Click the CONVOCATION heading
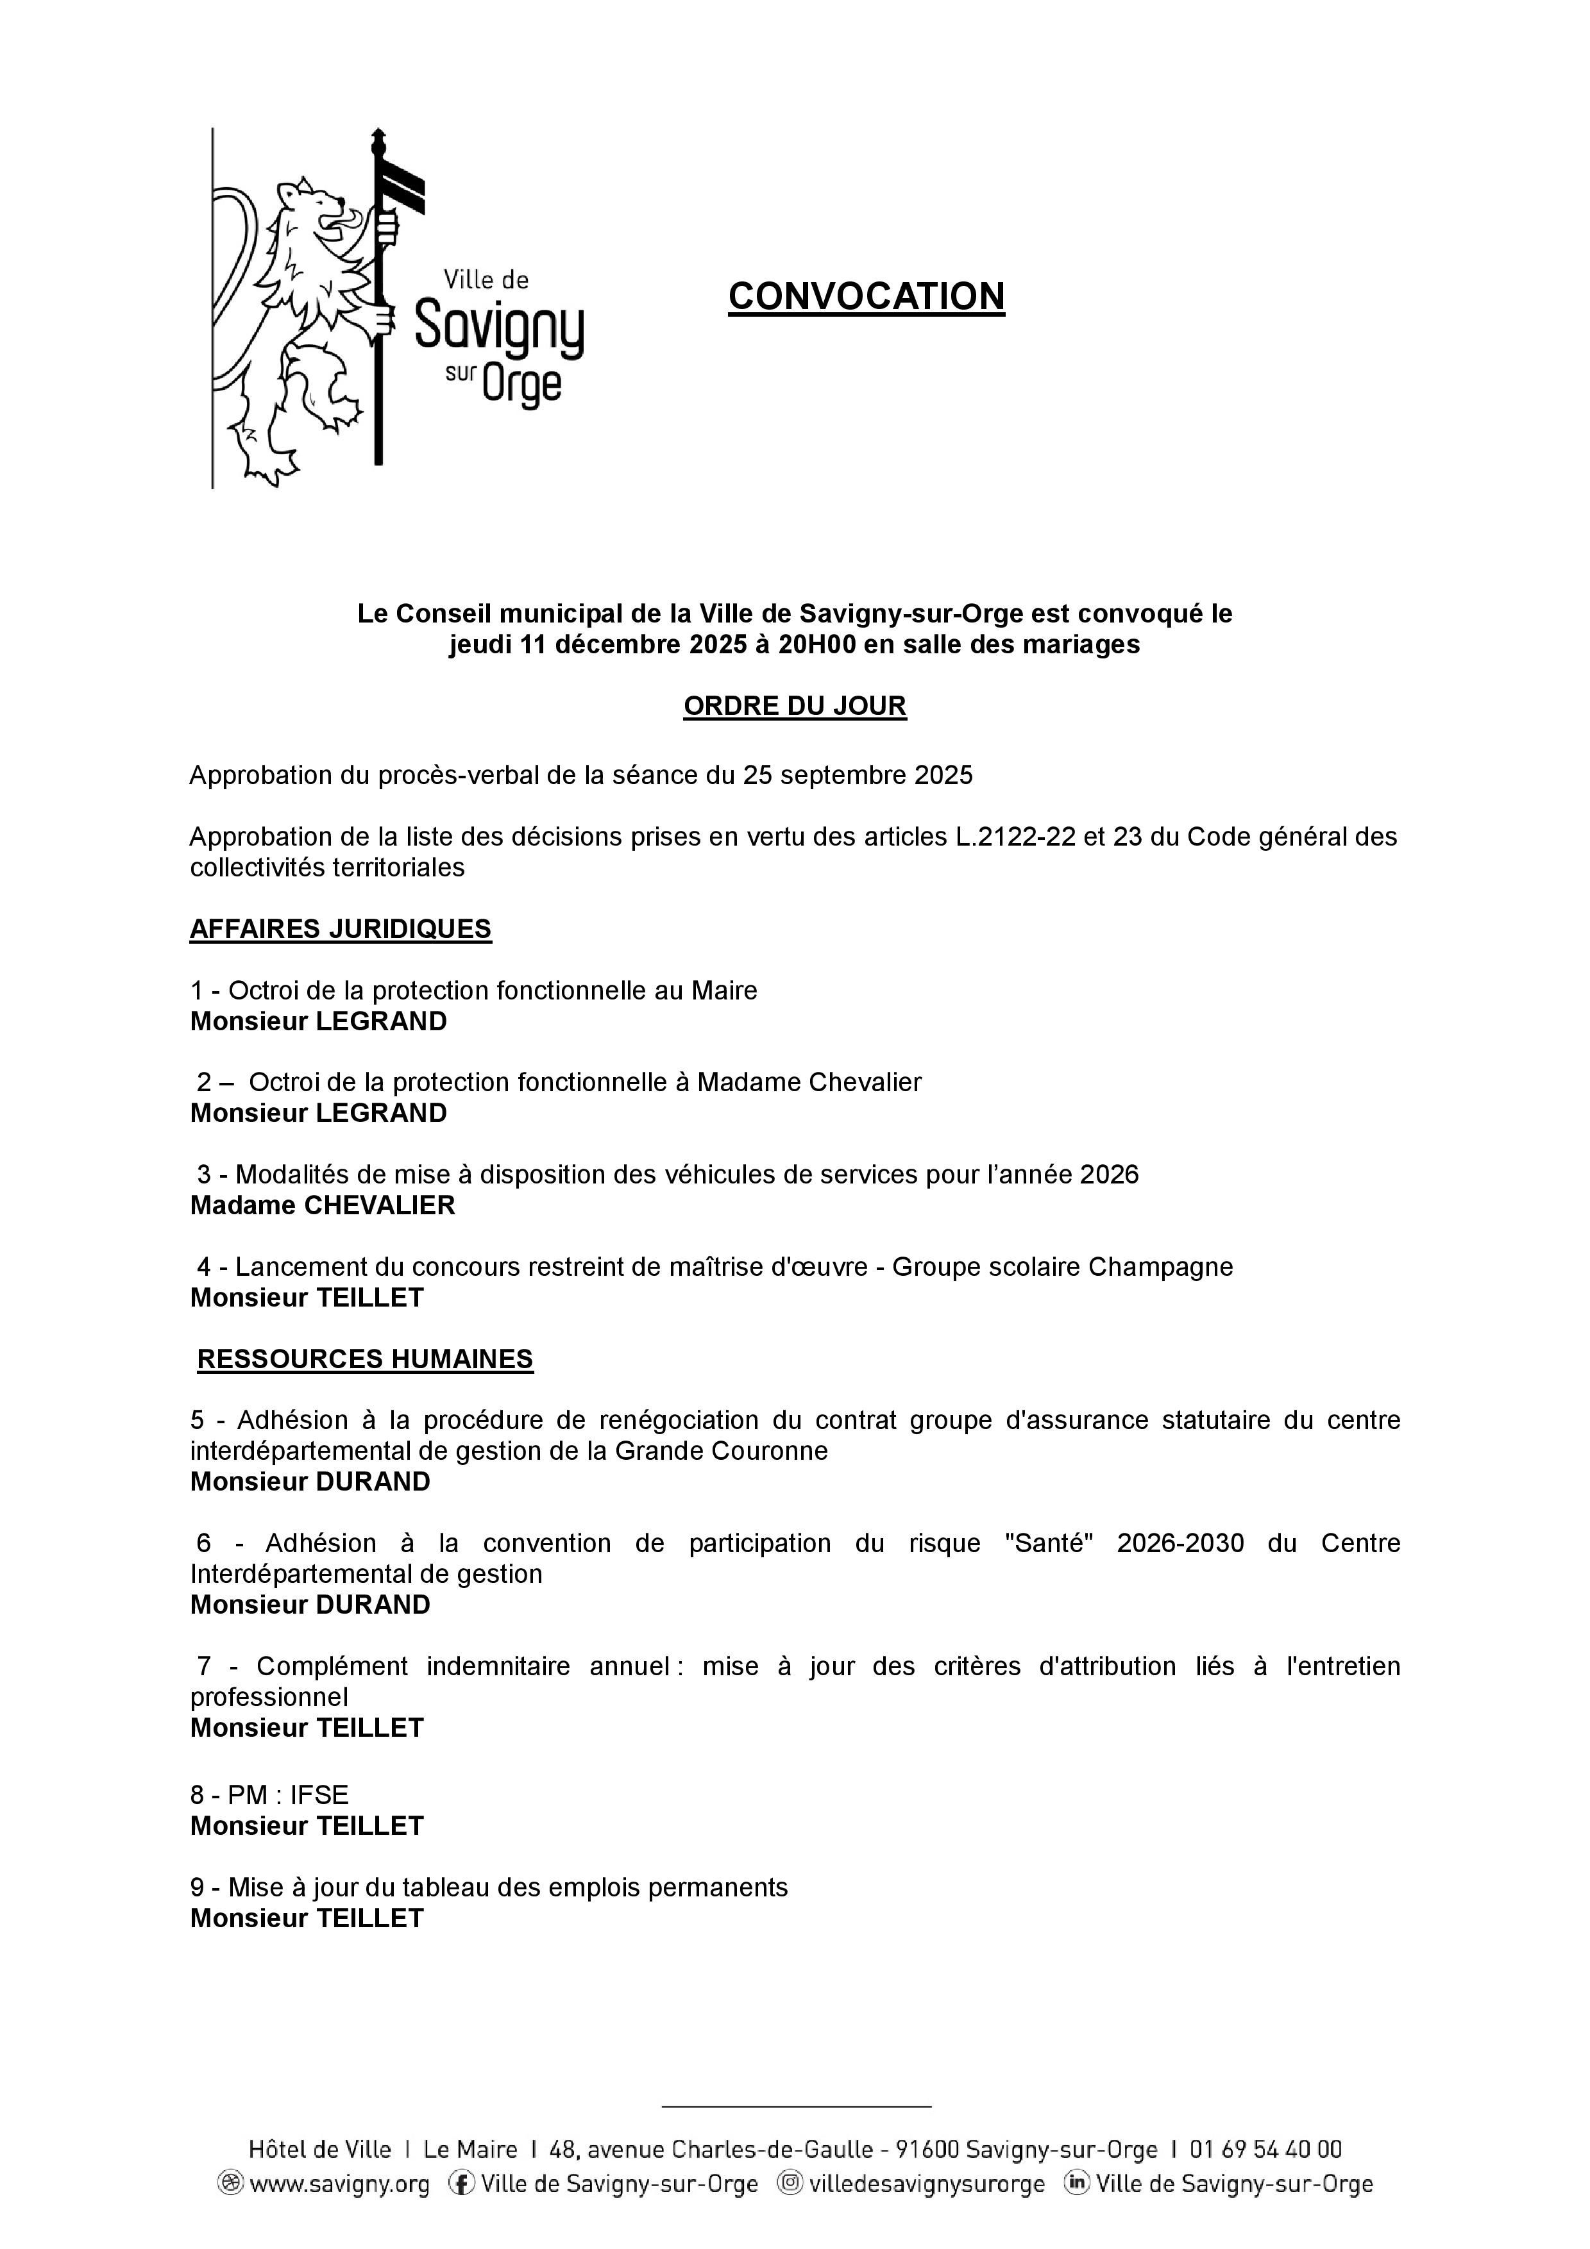pyautogui.click(x=866, y=296)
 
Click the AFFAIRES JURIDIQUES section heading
pyautogui.click(x=340, y=928)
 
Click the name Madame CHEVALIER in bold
pyautogui.click(x=323, y=1205)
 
